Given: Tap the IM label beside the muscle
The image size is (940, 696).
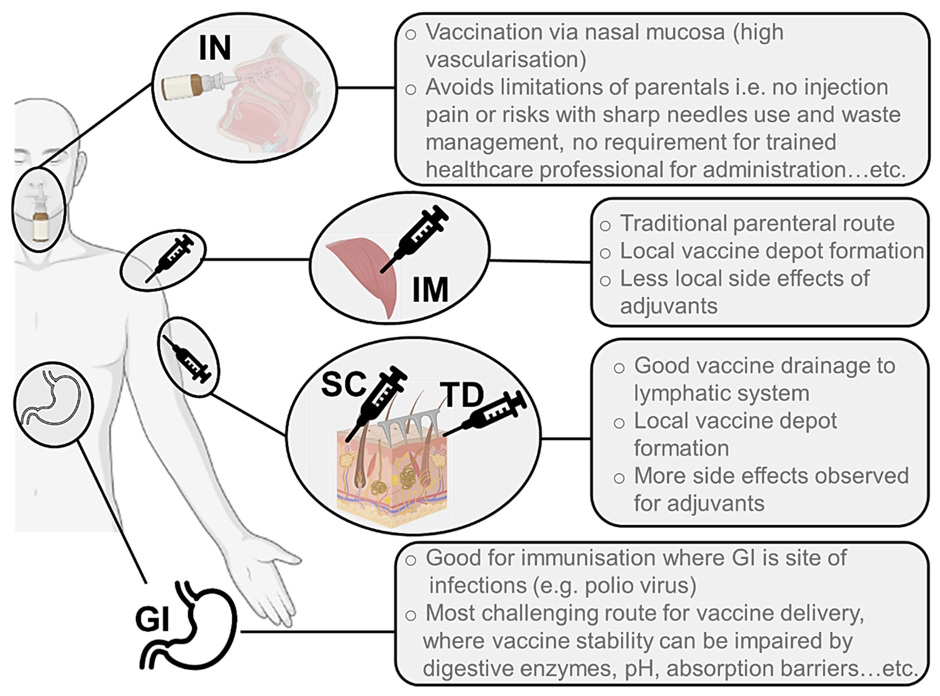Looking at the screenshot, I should [430, 290].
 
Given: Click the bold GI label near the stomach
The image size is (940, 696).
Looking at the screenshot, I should [152, 619].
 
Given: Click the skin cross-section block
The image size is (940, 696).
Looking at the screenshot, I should [391, 480].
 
